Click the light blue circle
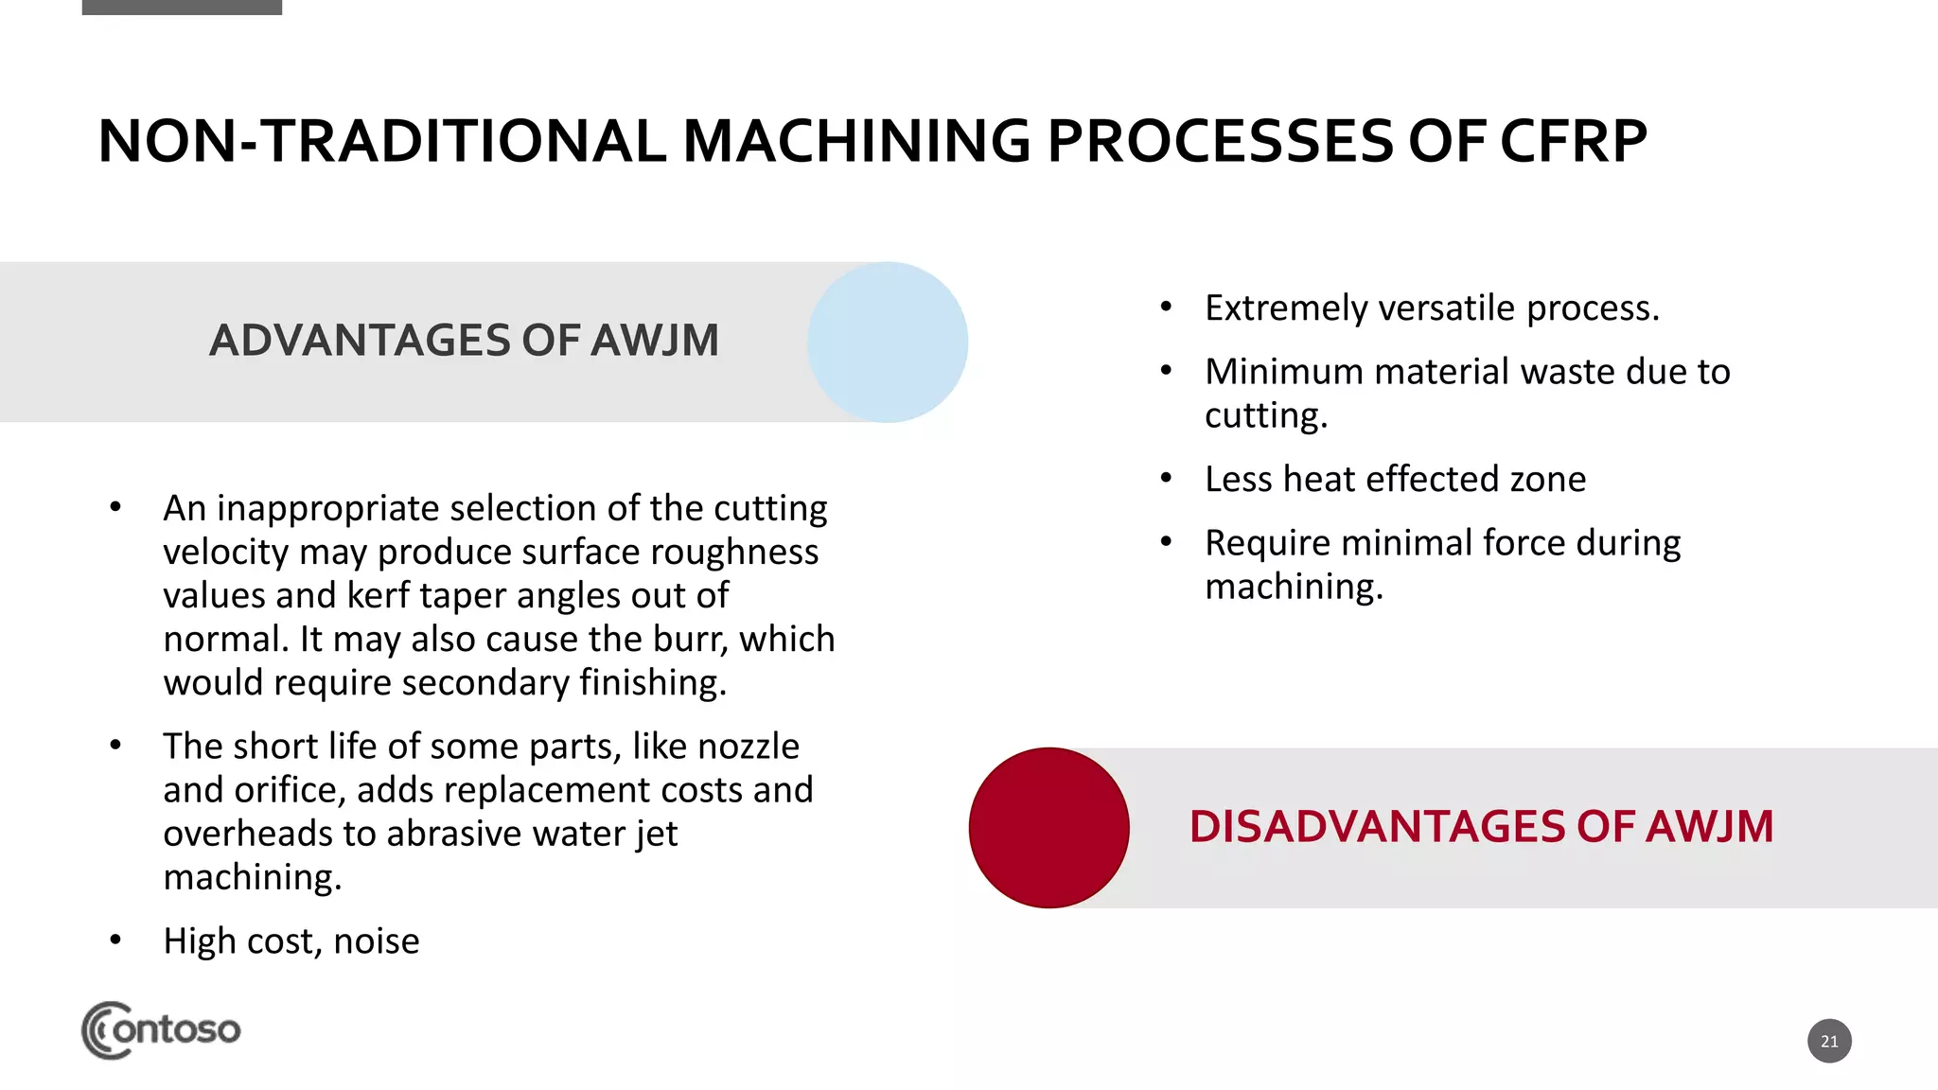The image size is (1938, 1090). [x=888, y=342]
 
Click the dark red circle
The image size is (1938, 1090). [x=1048, y=828]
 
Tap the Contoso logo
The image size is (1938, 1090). [x=161, y=1029]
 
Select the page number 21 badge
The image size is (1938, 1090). [x=1829, y=1041]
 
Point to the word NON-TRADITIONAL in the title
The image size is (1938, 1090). [x=381, y=142]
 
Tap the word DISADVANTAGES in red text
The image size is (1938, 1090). [x=1377, y=827]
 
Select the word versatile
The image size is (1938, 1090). [x=1447, y=308]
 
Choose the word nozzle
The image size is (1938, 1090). [x=748, y=747]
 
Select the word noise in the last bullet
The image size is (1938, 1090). [x=376, y=941]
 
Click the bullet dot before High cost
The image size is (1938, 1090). [x=115, y=941]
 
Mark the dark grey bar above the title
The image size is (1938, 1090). [x=182, y=7]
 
